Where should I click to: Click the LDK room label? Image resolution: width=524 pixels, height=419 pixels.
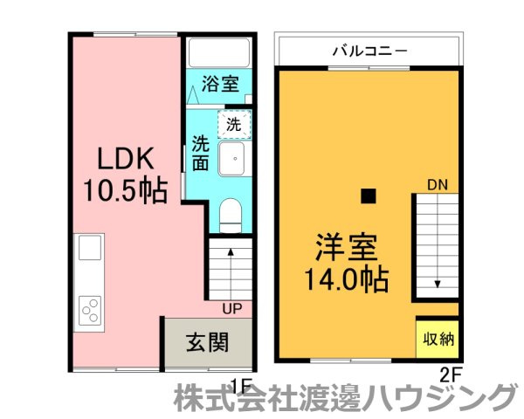pos(125,159)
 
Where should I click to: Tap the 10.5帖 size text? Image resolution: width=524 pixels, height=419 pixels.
pos(125,189)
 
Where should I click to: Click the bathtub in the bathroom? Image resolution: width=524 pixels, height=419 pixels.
pos(220,55)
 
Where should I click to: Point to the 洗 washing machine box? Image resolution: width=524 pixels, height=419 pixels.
pos(233,125)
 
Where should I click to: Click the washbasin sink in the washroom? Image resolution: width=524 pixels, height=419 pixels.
pos(233,160)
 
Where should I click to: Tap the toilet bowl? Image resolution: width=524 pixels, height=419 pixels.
pos(231,214)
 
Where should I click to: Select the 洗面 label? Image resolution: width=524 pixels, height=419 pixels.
pos(201,153)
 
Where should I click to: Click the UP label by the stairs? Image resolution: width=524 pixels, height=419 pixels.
pos(231,308)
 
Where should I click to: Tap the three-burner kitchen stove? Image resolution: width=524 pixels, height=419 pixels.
pos(91,307)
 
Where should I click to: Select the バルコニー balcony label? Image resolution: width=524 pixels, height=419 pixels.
pos(369,51)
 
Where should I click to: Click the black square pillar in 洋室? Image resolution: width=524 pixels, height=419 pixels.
pos(369,196)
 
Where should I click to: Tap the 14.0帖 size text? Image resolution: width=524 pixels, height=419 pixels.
pos(347,281)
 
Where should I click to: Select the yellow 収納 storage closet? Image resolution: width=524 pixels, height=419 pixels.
pos(437,339)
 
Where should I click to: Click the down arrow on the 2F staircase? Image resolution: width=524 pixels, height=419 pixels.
pos(438,285)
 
